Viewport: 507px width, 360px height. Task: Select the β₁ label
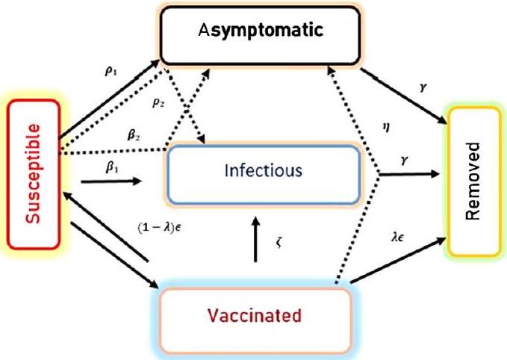pos(112,168)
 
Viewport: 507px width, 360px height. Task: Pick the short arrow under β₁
pos(113,181)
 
